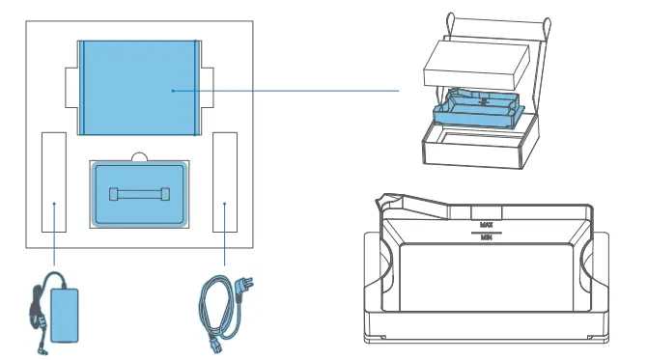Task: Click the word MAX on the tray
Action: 487,224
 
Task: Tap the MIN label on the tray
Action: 487,238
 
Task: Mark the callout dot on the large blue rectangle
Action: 172,91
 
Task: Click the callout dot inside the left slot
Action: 54,204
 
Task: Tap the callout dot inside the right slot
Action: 225,204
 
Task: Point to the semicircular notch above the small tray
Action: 139,157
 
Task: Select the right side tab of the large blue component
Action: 209,88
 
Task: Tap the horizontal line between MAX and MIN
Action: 487,232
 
